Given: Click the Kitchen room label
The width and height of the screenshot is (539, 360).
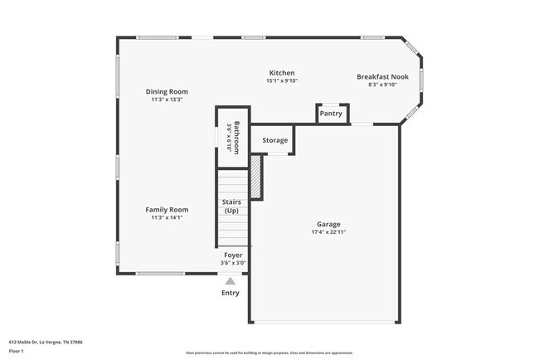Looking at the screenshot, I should tap(280, 73).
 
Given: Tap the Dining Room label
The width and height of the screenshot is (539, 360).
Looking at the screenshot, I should tap(167, 91).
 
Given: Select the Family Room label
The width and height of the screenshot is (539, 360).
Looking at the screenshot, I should tap(167, 210).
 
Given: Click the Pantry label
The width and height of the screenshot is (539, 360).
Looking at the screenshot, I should tap(331, 114).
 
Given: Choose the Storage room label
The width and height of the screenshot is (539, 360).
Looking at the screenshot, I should tap(275, 140).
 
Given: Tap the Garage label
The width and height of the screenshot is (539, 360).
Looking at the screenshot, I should tap(328, 224).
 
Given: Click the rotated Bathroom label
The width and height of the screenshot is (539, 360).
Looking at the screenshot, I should tap(236, 137).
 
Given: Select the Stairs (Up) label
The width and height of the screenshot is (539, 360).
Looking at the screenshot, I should tap(231, 207).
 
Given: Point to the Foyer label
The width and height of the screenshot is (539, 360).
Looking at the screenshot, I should tap(231, 255).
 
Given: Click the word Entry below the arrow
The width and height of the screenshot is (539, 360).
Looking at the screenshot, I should tap(230, 293).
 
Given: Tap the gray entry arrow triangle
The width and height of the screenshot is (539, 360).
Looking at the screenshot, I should tap(230, 280).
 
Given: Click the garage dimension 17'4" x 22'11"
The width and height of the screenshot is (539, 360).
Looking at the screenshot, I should tap(328, 232).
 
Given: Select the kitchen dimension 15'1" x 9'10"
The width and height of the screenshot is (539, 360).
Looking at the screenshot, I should tap(280, 81).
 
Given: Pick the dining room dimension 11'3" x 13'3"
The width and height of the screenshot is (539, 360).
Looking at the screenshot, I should tap(167, 100).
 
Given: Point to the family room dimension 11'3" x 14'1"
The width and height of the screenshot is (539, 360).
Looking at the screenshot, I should tap(167, 218).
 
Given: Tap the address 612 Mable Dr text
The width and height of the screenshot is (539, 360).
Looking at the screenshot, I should tap(46, 341).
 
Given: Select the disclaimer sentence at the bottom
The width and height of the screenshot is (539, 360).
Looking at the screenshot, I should tap(269, 353).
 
